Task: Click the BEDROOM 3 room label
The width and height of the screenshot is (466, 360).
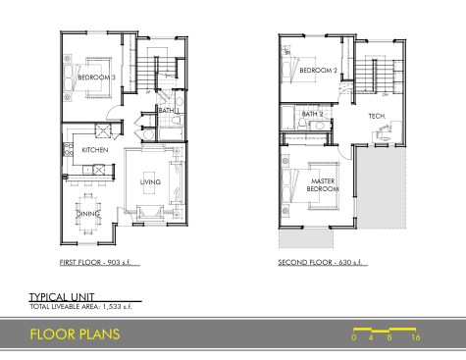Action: click(x=96, y=77)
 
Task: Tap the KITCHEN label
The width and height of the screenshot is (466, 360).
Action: click(x=95, y=150)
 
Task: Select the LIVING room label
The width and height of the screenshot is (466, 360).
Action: click(x=150, y=181)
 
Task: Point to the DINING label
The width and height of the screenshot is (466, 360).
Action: click(x=88, y=214)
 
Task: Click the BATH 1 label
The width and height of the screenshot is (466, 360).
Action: click(x=169, y=111)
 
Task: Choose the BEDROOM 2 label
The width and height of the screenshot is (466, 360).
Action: click(x=318, y=71)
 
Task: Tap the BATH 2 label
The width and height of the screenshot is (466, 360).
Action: click(x=312, y=114)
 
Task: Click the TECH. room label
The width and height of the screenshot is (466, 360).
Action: click(x=377, y=116)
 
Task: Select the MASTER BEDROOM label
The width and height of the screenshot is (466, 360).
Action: click(x=323, y=185)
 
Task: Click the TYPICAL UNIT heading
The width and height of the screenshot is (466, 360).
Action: click(x=62, y=297)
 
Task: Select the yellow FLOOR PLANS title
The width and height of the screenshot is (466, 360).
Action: click(x=75, y=334)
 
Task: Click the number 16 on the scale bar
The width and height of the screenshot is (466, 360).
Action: click(x=415, y=337)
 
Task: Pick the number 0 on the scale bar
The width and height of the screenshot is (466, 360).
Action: click(x=353, y=337)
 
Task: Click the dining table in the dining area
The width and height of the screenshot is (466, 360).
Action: click(x=88, y=214)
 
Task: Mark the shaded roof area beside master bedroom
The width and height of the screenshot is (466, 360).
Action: click(x=381, y=187)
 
